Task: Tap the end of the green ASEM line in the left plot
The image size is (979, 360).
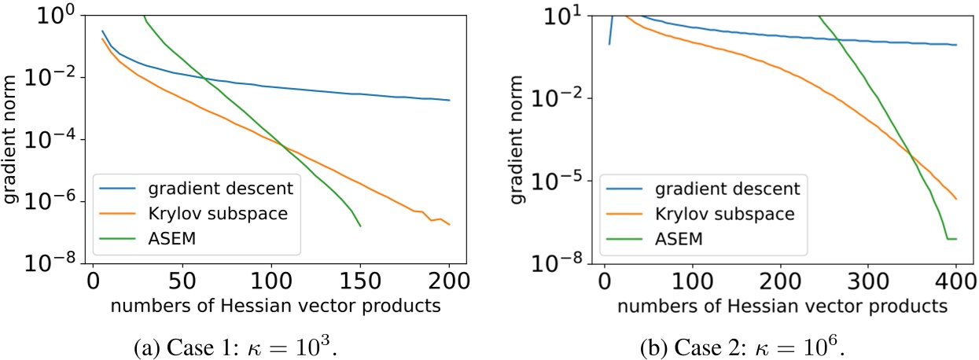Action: (x=360, y=226)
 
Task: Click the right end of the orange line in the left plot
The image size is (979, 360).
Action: (x=449, y=225)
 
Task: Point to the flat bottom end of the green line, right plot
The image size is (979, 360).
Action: (x=951, y=239)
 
